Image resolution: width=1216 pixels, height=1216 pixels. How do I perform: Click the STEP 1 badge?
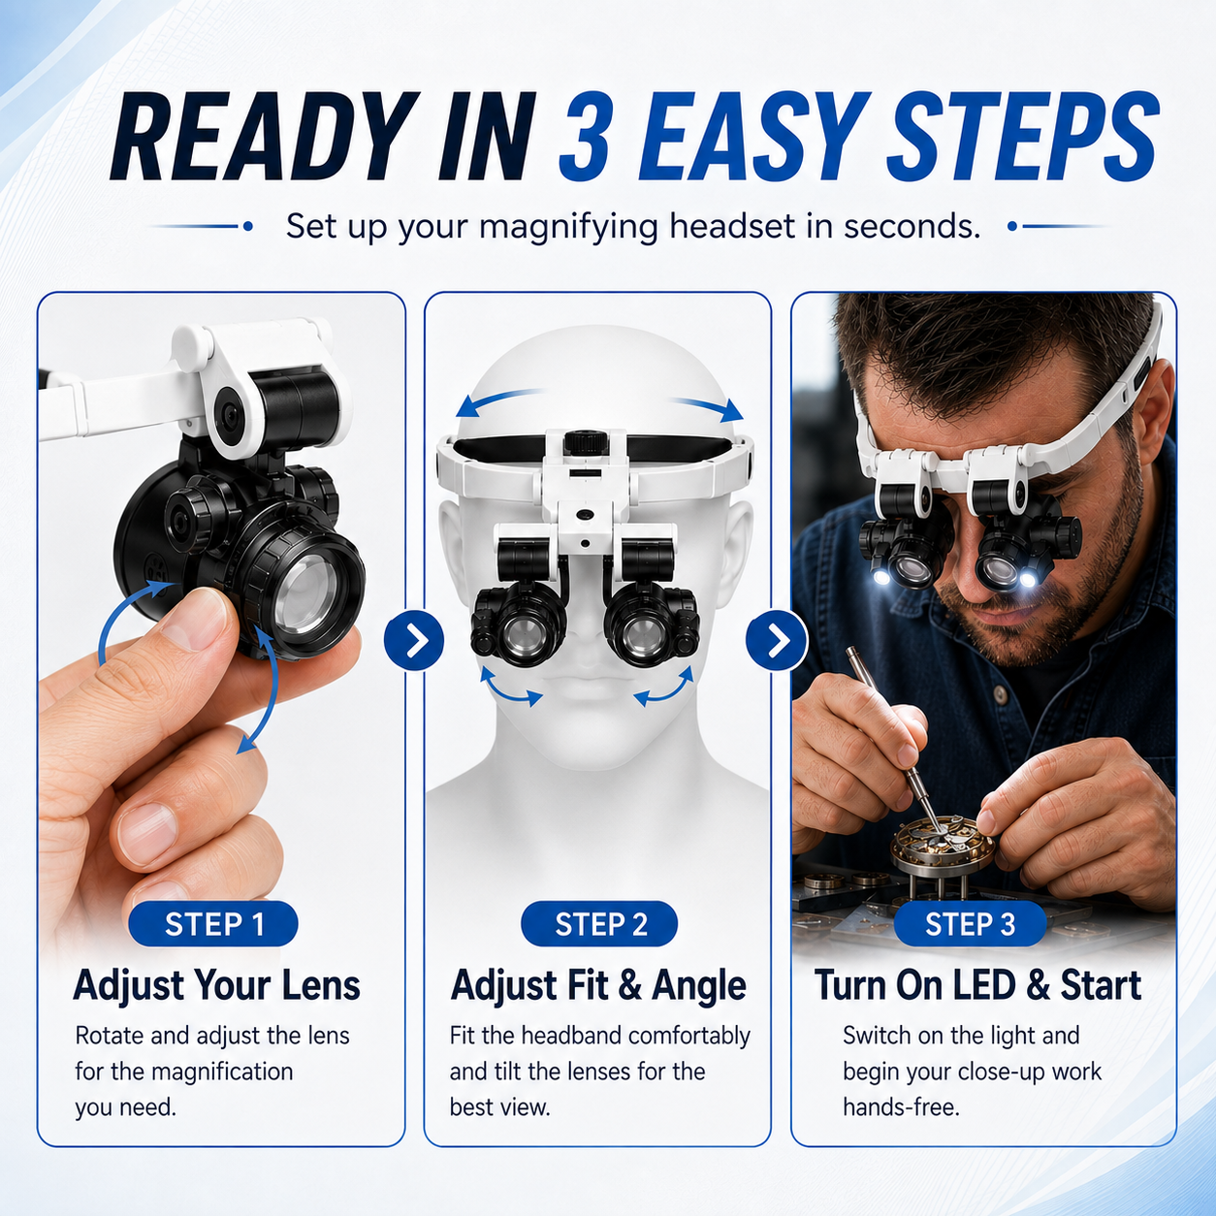(x=212, y=924)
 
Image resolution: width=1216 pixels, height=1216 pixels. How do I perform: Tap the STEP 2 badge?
(x=599, y=924)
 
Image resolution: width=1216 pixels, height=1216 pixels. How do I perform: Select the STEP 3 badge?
(x=970, y=924)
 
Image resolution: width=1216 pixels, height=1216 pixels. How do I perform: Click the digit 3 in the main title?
(x=585, y=136)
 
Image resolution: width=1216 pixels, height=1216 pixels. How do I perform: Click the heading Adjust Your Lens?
(x=216, y=985)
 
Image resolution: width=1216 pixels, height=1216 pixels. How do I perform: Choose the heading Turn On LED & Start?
(x=977, y=985)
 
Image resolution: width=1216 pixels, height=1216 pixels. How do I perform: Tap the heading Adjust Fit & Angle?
(x=597, y=985)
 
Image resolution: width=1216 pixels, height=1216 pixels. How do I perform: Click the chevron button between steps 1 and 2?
(x=414, y=640)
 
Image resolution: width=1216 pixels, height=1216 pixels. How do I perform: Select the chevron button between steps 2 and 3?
(x=776, y=640)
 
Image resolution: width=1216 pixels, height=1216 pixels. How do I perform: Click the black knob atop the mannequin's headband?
(x=587, y=442)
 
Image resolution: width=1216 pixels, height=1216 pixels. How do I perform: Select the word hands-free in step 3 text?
(x=901, y=1106)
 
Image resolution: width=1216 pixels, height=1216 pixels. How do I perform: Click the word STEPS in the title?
(x=1023, y=136)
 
